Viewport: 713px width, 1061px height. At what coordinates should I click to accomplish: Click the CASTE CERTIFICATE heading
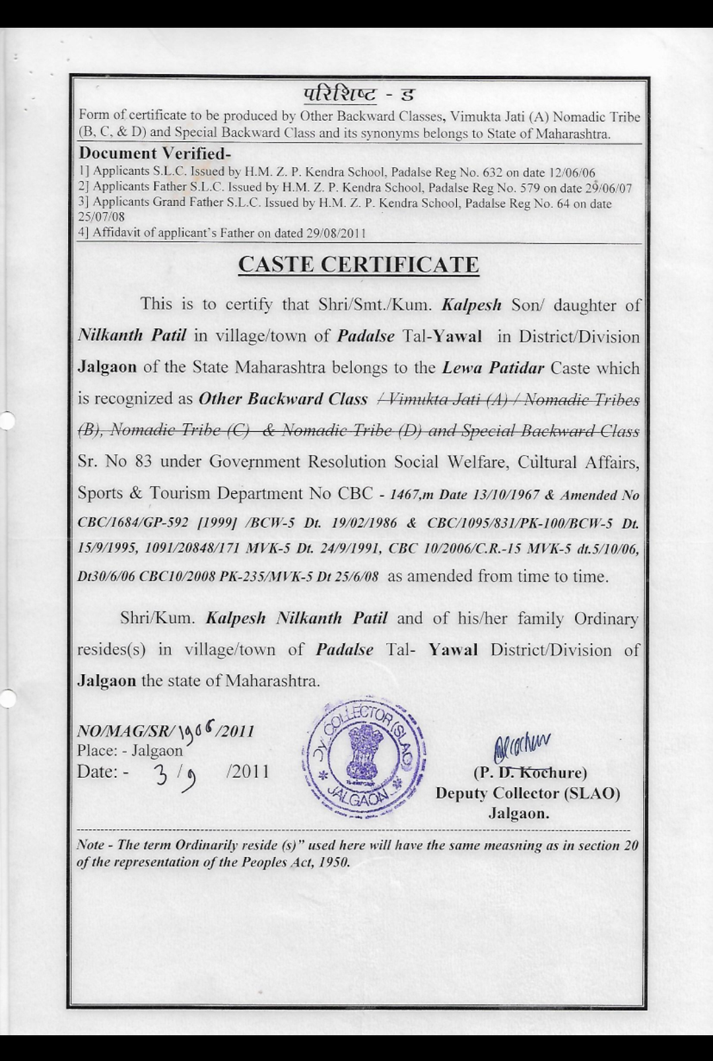pyautogui.click(x=358, y=264)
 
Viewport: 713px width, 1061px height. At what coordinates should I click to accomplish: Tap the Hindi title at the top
pyautogui.click(x=358, y=95)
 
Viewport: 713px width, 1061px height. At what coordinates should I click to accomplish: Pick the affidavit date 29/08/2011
pyautogui.click(x=336, y=232)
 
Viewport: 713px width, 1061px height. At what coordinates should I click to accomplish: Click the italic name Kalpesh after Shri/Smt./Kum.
pyautogui.click(x=471, y=305)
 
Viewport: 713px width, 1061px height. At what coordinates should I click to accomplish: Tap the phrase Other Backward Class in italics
pyautogui.click(x=283, y=399)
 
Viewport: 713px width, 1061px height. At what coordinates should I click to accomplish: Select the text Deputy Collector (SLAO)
pyautogui.click(x=527, y=793)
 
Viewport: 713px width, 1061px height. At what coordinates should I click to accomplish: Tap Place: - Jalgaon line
pyautogui.click(x=129, y=751)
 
